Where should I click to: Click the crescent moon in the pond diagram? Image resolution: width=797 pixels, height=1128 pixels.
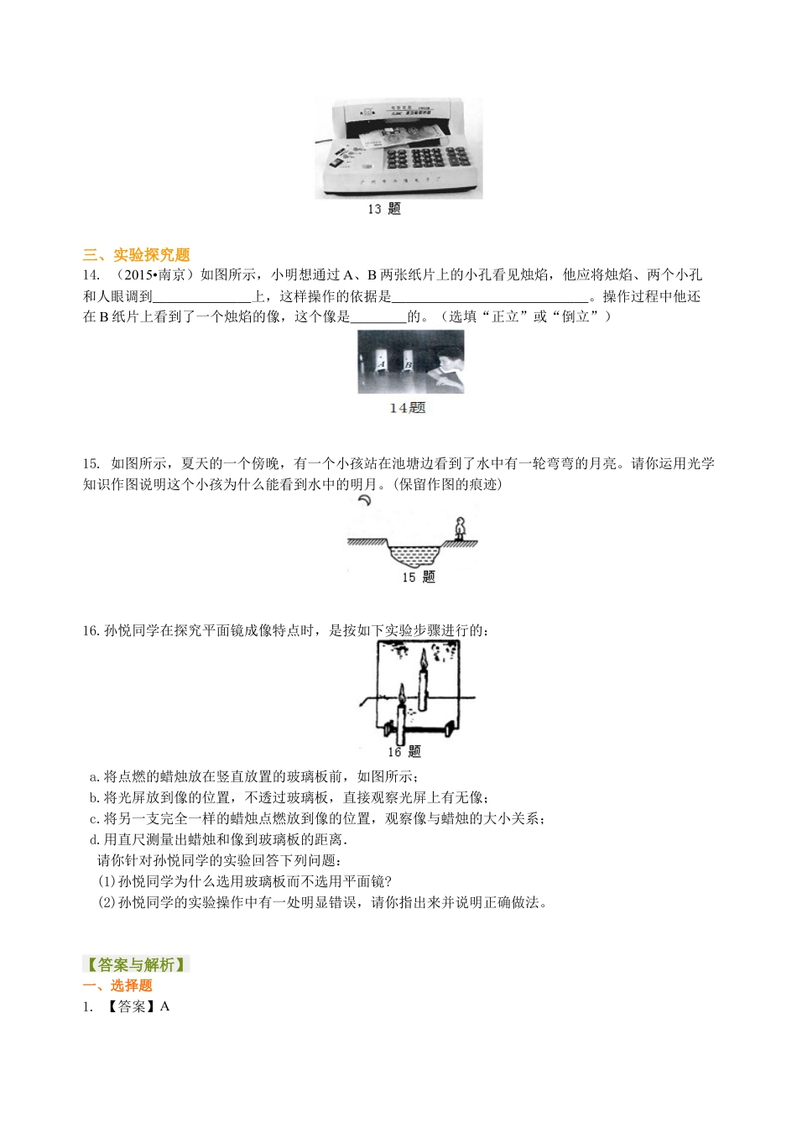tap(365, 501)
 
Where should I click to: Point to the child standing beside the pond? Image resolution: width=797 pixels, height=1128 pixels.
tap(459, 529)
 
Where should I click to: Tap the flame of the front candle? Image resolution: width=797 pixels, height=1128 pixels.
tap(402, 693)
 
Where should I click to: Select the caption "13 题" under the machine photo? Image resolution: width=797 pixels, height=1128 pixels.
tap(384, 209)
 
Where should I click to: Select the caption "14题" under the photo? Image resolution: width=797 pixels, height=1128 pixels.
tap(408, 408)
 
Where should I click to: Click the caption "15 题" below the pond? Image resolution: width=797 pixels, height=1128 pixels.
tap(418, 577)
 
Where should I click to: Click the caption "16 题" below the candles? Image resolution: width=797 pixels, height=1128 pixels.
tap(404, 751)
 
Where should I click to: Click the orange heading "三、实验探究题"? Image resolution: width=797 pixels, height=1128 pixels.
tap(137, 254)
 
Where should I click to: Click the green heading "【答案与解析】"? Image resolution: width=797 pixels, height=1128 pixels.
tap(136, 964)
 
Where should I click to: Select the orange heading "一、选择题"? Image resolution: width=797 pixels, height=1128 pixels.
tap(117, 985)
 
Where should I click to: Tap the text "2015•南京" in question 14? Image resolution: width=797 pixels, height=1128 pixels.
tap(154, 275)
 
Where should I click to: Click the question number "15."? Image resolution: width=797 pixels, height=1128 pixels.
tap(91, 463)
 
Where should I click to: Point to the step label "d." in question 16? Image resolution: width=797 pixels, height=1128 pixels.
tap(95, 839)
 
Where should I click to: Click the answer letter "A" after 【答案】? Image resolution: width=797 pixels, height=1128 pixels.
tap(164, 1006)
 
